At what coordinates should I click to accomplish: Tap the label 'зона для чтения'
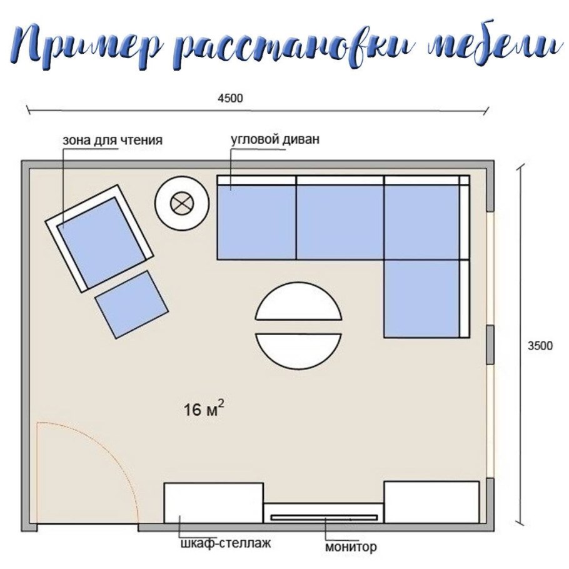[x=113, y=140]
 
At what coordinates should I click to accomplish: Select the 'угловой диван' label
[x=275, y=139]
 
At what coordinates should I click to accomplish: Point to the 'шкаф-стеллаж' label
[x=224, y=544]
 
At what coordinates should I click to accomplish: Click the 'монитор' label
[x=351, y=548]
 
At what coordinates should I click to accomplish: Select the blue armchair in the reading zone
[x=99, y=238]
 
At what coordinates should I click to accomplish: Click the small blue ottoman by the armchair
[x=132, y=304]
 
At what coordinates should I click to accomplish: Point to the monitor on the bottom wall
[x=324, y=517]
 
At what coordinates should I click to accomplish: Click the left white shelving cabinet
[x=213, y=502]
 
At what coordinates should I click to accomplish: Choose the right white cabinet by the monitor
[x=431, y=502]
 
